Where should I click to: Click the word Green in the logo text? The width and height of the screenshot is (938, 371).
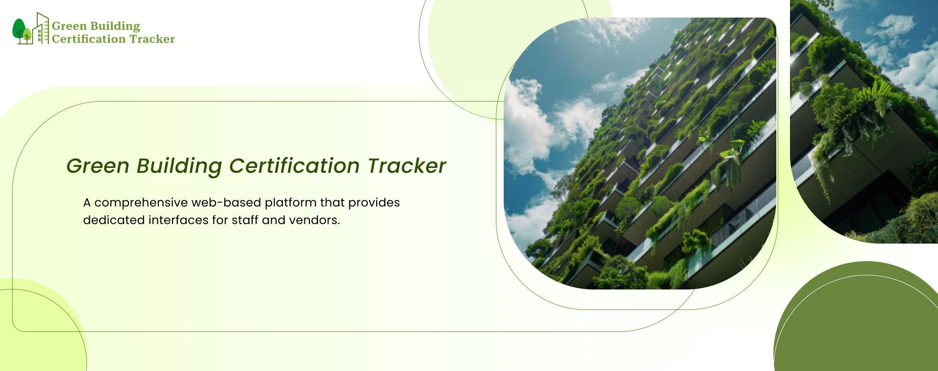[69, 26]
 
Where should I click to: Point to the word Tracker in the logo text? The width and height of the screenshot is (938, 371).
[152, 39]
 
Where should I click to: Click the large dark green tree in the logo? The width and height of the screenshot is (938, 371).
[19, 30]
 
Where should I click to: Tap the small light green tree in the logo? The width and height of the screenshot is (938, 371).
[27, 36]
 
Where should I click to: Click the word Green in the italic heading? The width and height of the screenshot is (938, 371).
[98, 166]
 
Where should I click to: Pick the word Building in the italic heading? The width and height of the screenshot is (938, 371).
[179, 167]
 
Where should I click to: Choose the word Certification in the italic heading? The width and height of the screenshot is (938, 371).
[295, 166]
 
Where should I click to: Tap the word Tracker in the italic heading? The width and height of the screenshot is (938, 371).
[406, 166]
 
